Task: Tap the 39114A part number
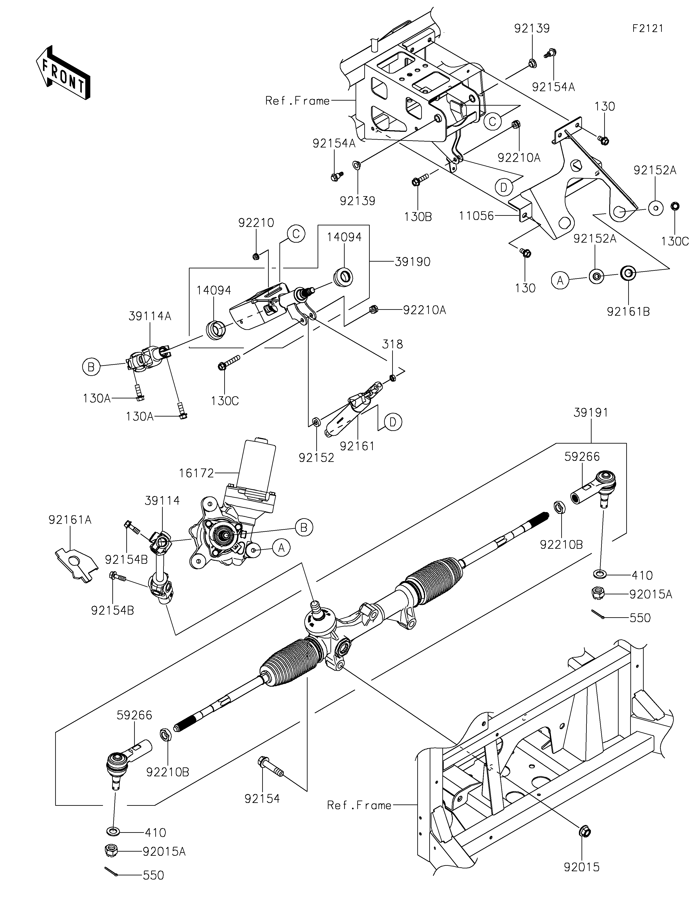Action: [150, 316]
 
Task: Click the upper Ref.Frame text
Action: [297, 101]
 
